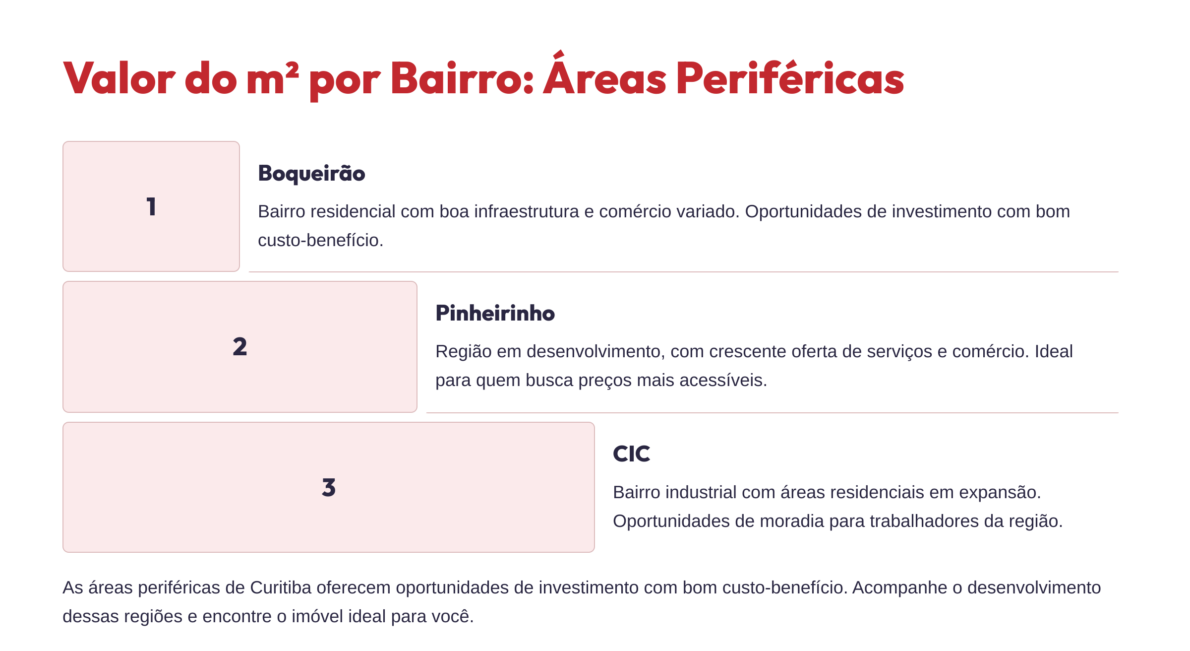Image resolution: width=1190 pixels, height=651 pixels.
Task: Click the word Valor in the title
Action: point(119,78)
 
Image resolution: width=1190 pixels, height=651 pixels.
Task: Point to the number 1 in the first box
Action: point(151,206)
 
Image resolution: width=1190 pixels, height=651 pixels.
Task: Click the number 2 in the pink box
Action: point(240,346)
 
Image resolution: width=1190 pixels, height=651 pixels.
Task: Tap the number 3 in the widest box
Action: point(329,487)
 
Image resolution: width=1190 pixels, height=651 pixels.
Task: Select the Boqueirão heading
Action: point(311,174)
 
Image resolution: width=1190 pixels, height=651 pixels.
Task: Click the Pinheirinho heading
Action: point(495,314)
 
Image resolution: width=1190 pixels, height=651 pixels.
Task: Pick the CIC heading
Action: point(631,454)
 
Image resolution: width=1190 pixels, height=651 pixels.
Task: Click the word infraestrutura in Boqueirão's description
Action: point(527,211)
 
